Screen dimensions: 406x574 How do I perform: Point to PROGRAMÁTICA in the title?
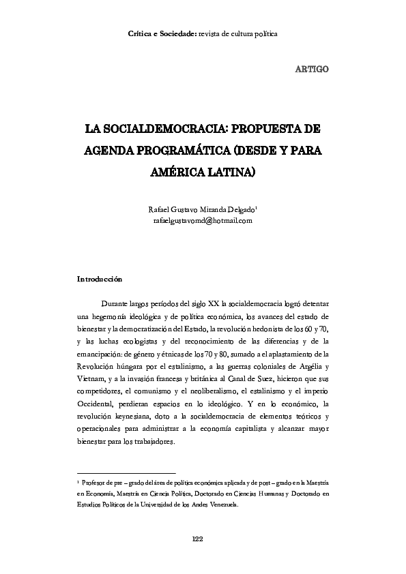[184, 150]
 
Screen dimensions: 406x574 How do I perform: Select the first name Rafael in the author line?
[158, 209]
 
